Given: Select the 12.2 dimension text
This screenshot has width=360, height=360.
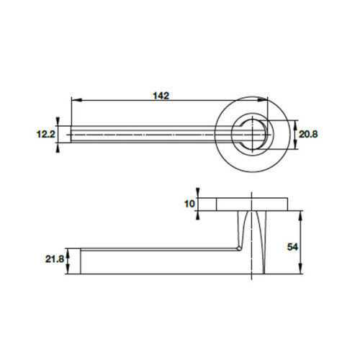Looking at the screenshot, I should click(x=45, y=134).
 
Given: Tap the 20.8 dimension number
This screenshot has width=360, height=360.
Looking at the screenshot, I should click(x=308, y=134).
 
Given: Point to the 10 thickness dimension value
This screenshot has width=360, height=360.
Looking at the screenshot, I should click(x=189, y=204).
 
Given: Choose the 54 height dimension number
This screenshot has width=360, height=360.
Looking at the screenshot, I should click(x=292, y=246).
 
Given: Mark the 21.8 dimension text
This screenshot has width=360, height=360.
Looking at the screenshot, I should click(x=53, y=258).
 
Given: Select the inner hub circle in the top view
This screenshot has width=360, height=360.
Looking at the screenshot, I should click(x=253, y=135).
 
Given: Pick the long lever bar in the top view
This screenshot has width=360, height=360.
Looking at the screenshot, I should click(x=144, y=135).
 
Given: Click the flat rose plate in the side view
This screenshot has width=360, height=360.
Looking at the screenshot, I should click(x=252, y=204).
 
